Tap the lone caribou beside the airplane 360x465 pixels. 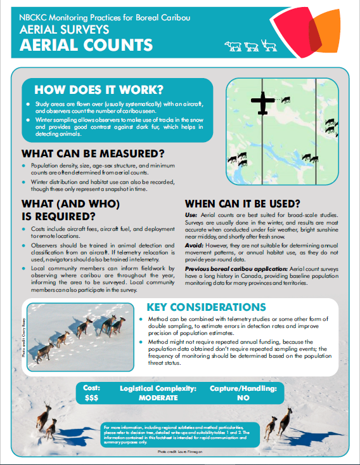pos(285,99)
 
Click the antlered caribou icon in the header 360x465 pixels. pos(267,46)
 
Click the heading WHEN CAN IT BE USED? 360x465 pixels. pos(242,204)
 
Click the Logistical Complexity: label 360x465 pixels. pos(158,387)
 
